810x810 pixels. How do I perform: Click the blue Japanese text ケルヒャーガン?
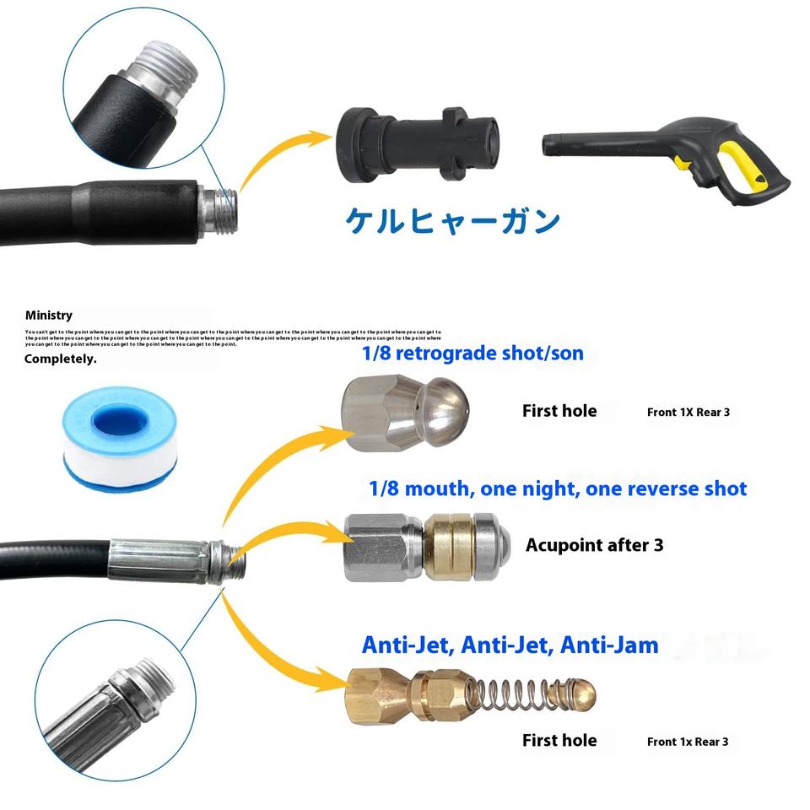pyautogui.click(x=453, y=220)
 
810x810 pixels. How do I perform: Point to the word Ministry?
pyautogui.click(x=49, y=316)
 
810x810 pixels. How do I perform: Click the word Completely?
pyautogui.click(x=61, y=359)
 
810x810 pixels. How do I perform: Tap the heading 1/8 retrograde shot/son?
pyautogui.click(x=472, y=353)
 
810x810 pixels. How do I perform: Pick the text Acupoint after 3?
pyautogui.click(x=594, y=545)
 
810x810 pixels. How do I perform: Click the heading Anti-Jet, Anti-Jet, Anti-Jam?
pyautogui.click(x=510, y=645)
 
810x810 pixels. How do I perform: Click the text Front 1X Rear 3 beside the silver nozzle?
pyautogui.click(x=688, y=413)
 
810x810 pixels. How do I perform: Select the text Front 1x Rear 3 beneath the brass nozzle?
pyautogui.click(x=687, y=742)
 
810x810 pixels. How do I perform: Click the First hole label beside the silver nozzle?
pyautogui.click(x=559, y=412)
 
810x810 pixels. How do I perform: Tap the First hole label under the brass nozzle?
pyautogui.click(x=559, y=741)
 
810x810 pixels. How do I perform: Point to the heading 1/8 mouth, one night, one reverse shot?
pyautogui.click(x=558, y=489)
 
